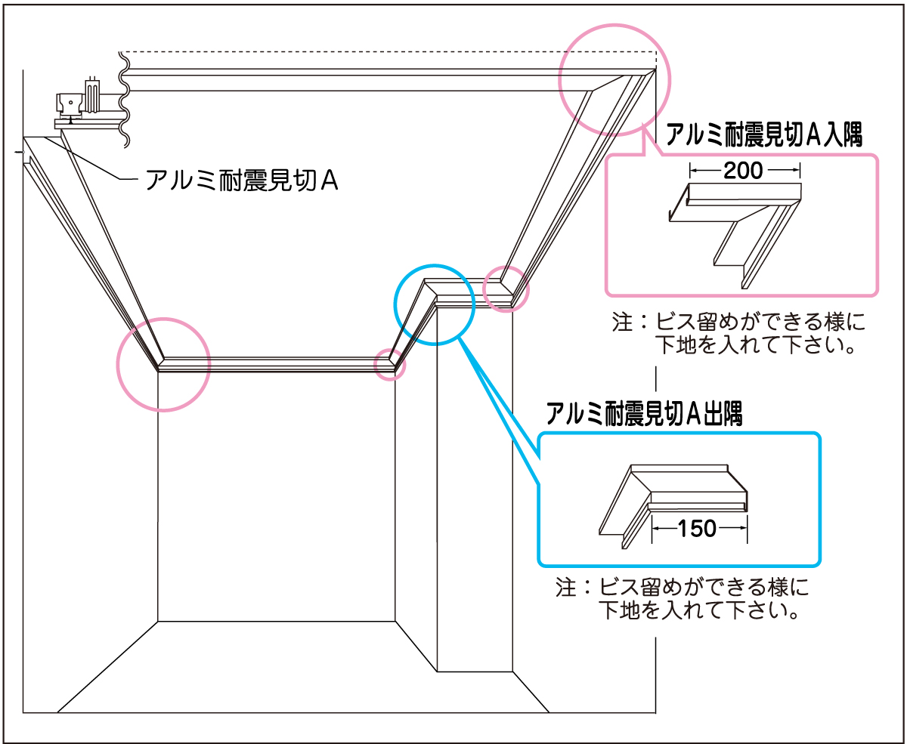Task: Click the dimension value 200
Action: (743, 171)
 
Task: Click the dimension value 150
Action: (697, 528)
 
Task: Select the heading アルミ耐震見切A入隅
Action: (764, 134)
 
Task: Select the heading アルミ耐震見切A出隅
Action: (644, 414)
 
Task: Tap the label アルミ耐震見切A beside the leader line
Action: (242, 180)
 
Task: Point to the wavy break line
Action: (124, 100)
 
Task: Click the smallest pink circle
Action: (390, 365)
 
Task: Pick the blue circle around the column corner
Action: (435, 265)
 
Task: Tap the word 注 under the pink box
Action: (622, 323)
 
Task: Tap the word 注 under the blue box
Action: (565, 587)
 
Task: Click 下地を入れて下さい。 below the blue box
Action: (699, 610)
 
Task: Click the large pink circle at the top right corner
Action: (614, 25)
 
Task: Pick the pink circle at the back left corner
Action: (163, 319)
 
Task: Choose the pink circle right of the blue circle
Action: (506, 267)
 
